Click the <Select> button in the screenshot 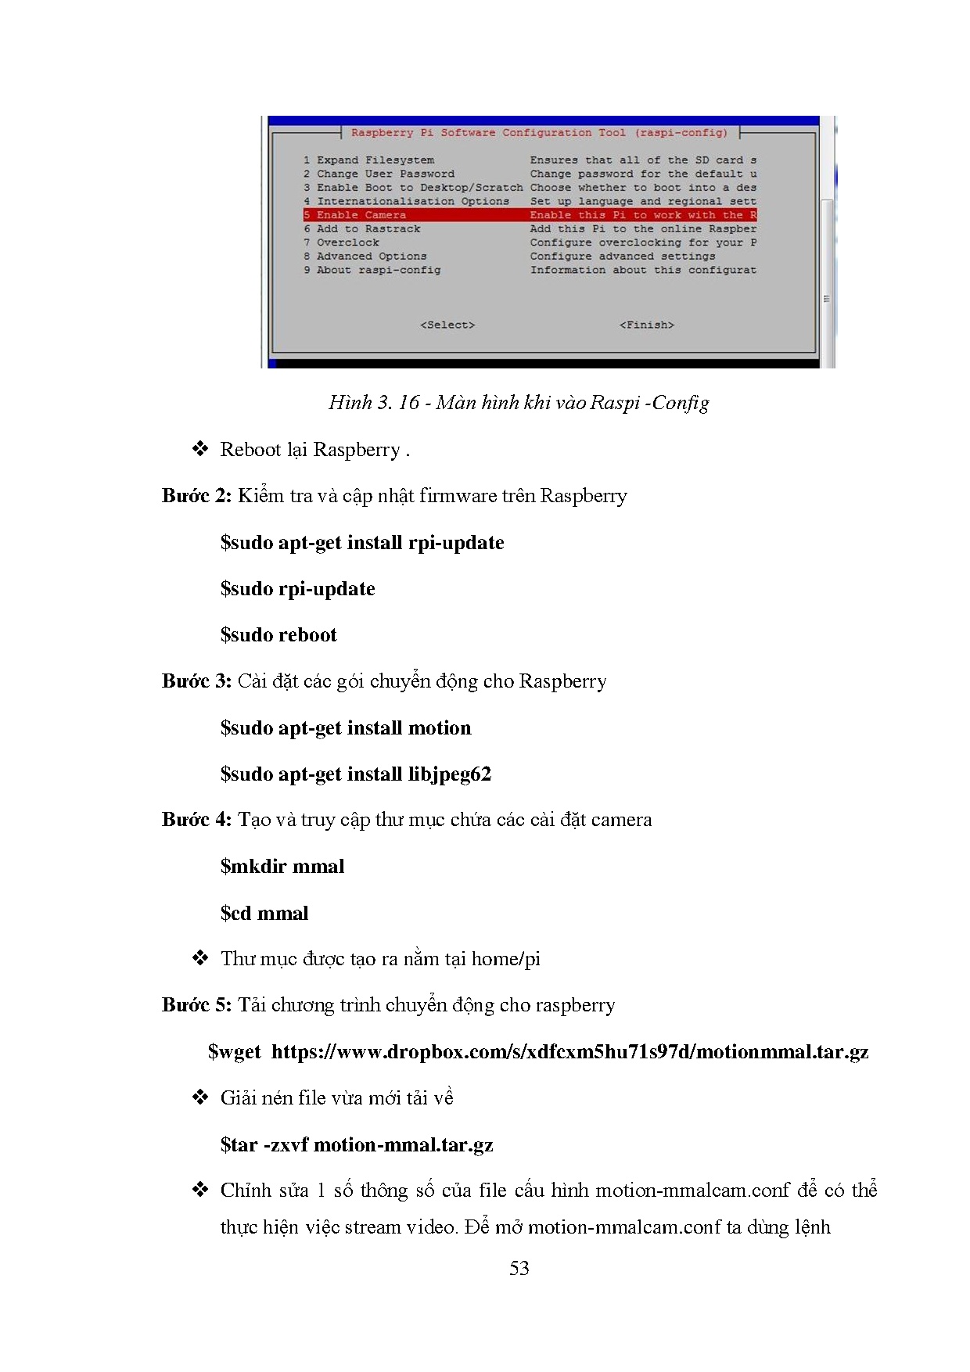[447, 325]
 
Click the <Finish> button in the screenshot [646, 325]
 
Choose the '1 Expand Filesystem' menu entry [368, 160]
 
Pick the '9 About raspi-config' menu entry [372, 270]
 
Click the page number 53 [519, 1269]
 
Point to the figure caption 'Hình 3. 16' [374, 403]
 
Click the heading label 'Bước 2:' [196, 496]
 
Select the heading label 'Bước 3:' [196, 681]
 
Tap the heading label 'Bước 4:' [196, 820]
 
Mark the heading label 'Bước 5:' [196, 1005]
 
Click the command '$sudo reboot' [278, 635]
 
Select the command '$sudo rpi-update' [297, 589]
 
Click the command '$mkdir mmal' [282, 867]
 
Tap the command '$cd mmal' [264, 914]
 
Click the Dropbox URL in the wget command [569, 1052]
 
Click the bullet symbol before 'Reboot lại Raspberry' [200, 449]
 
